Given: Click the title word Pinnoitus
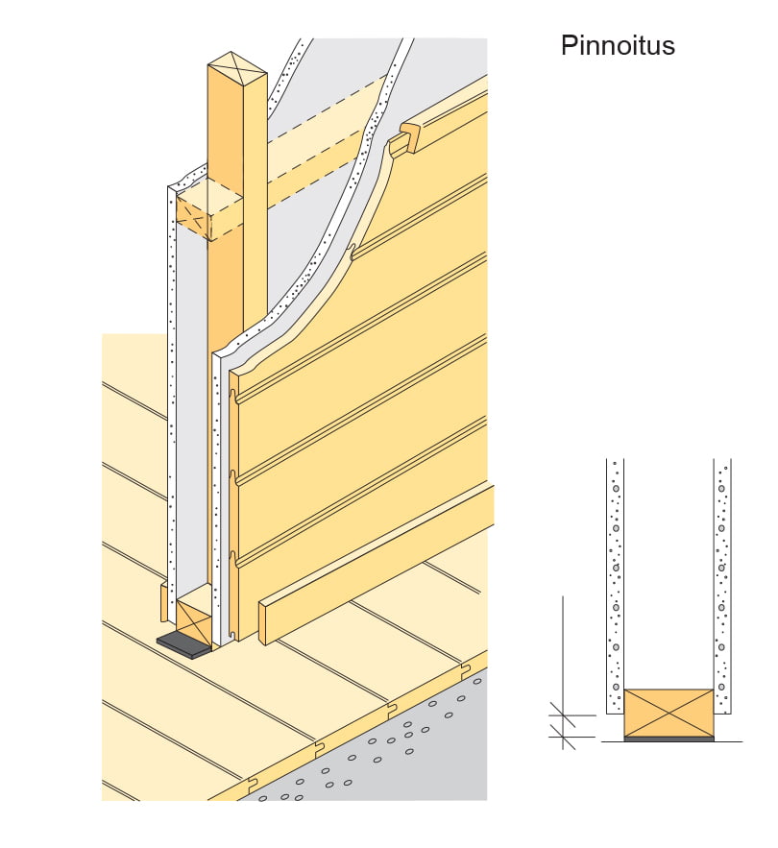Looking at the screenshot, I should click(618, 45).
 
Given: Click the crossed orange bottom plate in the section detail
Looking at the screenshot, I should click(669, 713).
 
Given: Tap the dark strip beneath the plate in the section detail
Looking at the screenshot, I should click(669, 739).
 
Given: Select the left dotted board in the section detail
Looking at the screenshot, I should click(615, 586).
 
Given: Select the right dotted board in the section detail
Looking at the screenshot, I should click(722, 586).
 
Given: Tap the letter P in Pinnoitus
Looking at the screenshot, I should click(569, 45).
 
